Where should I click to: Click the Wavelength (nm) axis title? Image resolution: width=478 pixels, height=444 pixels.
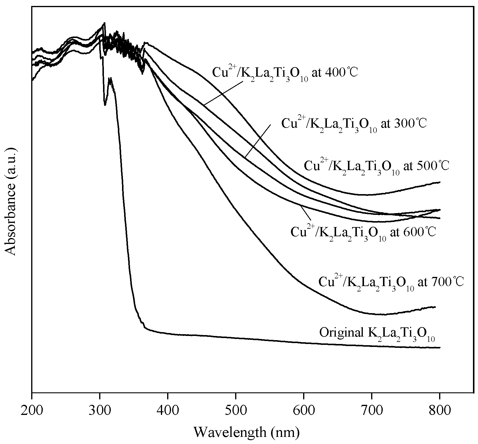pyautogui.click(x=246, y=432)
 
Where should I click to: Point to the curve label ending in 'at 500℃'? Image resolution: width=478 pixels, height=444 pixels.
pyautogui.click(x=376, y=167)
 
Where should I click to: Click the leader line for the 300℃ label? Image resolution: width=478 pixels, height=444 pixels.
pyautogui.click(x=258, y=141)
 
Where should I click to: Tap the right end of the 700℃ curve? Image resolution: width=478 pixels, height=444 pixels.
pyautogui.click(x=435, y=307)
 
